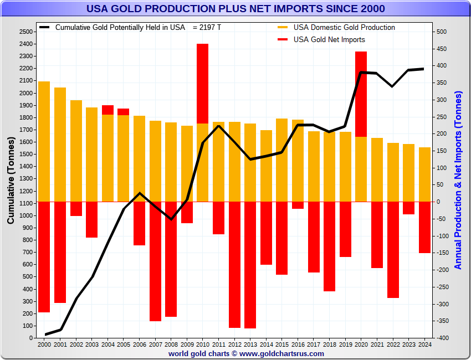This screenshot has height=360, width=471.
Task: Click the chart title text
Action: [235, 9]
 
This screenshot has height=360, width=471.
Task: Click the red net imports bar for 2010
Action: [203, 83]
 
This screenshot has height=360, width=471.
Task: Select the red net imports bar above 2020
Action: [361, 94]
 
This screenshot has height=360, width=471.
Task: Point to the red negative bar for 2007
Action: [155, 261]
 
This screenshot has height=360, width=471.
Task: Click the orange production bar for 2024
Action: [424, 174]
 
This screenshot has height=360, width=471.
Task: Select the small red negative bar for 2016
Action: [298, 205]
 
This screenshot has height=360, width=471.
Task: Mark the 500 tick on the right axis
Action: [441, 32]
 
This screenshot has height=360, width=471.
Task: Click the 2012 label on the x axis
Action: [234, 345]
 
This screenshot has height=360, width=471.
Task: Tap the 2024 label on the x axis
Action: [424, 345]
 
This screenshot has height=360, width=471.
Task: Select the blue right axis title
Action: [458, 180]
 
